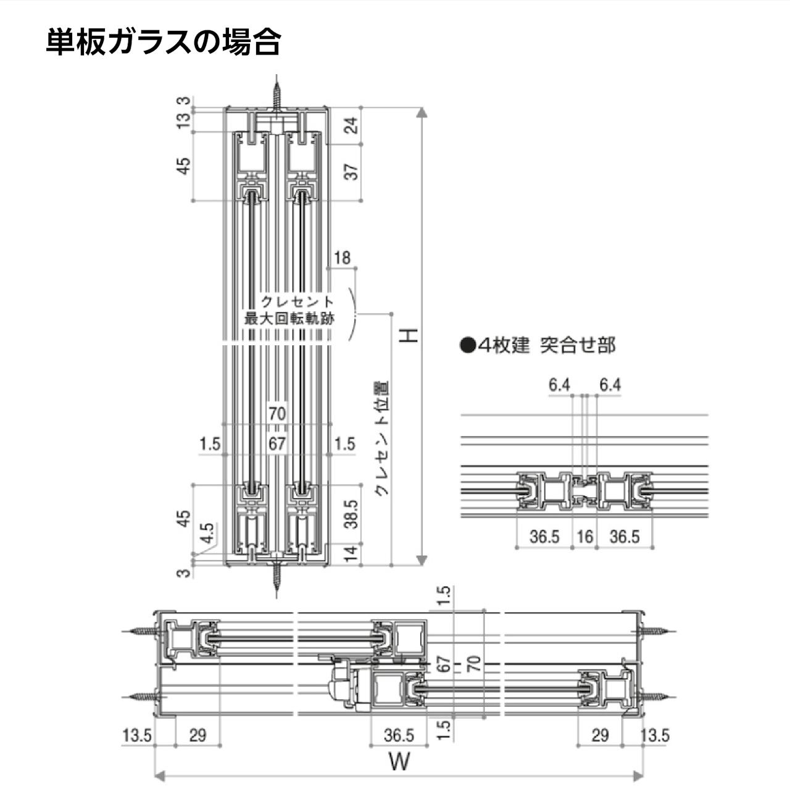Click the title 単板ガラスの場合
[x=164, y=43]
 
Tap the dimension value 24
[x=351, y=126]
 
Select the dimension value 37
[x=351, y=172]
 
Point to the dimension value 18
[x=341, y=257]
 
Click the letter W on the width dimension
[x=399, y=761]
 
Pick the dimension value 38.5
[x=351, y=514]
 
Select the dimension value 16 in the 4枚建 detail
[x=584, y=536]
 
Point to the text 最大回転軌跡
[x=289, y=319]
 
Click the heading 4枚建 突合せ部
[x=538, y=345]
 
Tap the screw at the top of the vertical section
[x=278, y=93]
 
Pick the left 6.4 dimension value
[x=559, y=385]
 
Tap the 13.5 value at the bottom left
[x=136, y=735]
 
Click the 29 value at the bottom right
[x=599, y=735]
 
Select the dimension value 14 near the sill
[x=351, y=554]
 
